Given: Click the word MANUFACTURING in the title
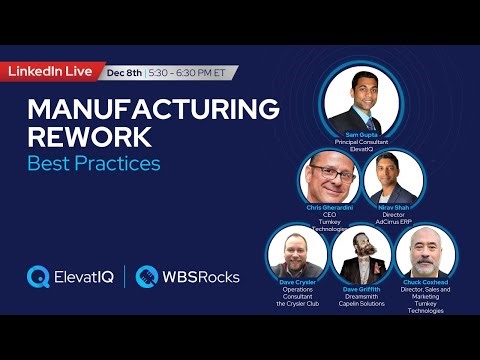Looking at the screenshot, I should click(153, 109).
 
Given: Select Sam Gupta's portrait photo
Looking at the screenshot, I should click(361, 103).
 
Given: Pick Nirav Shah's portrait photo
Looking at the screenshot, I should click(394, 177).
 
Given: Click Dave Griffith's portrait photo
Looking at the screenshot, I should click(360, 255).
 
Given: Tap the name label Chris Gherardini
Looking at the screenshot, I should click(328, 207).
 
